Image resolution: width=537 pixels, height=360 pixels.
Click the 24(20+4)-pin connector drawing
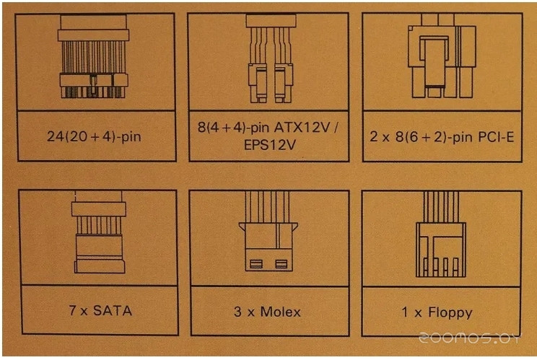93,56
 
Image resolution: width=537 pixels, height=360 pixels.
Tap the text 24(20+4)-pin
94,136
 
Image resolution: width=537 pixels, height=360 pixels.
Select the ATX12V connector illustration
271,58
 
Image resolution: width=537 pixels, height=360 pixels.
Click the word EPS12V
269,145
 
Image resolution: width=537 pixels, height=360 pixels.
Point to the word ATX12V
302,128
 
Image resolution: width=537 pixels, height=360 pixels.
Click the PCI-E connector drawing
442,56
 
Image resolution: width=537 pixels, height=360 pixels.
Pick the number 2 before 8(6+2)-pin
374,137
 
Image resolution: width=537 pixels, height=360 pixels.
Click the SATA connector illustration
99,232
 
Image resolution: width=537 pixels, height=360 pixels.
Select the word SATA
113,311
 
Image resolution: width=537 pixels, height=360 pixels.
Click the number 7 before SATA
73,310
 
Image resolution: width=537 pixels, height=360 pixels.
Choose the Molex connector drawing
268,231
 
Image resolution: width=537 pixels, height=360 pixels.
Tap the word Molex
281,312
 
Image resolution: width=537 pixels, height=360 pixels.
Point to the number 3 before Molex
237,312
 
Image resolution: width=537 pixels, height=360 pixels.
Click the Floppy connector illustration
441,234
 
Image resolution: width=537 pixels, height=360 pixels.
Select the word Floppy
450,313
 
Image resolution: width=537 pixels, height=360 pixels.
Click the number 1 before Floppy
405,312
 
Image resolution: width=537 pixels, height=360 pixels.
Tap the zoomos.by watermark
469,338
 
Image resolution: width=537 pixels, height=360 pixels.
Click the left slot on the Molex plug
256,264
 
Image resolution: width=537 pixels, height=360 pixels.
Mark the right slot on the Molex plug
281,264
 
